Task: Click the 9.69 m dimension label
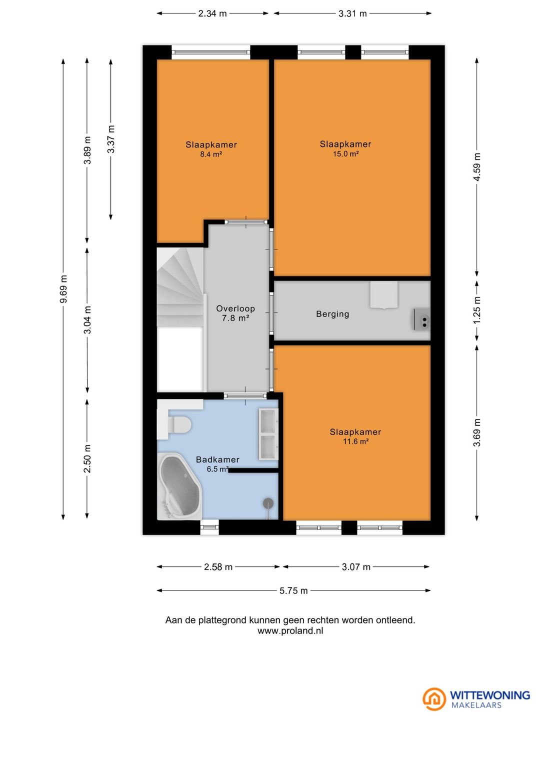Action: tap(63, 288)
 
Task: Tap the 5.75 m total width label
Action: tap(293, 590)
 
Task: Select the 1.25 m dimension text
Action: tap(477, 310)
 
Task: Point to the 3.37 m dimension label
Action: tap(110, 139)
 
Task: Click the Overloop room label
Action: tap(235, 308)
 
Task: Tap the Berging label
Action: tap(332, 313)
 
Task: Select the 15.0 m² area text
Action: tap(345, 153)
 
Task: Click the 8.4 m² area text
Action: tap(211, 154)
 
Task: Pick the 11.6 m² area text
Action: tap(355, 441)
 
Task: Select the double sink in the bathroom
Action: tap(268, 433)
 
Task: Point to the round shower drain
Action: tap(268, 502)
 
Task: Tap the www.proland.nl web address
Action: tap(290, 630)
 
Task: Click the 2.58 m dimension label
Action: tap(218, 567)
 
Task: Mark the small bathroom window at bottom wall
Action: tap(209, 527)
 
